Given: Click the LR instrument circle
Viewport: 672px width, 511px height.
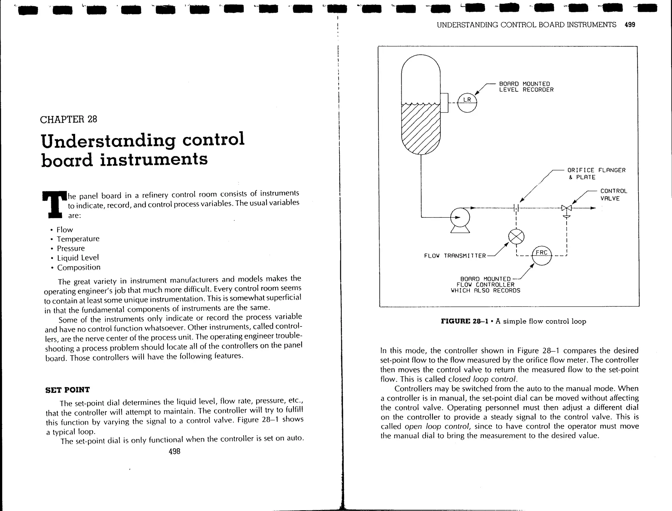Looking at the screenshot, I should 467,102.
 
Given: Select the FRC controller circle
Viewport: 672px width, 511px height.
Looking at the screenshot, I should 541,255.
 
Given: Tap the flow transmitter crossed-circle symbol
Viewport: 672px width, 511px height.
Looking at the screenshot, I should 516,236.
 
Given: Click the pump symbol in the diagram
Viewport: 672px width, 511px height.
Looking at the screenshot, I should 460,218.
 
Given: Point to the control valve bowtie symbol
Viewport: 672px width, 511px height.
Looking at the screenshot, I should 566,208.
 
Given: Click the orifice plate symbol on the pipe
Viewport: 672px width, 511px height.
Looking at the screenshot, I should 516,208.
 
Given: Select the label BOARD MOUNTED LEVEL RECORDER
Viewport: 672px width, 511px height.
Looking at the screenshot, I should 526,87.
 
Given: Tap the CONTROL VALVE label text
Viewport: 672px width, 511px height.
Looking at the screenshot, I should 613,195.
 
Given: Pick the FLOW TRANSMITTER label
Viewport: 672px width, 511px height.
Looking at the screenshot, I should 455,256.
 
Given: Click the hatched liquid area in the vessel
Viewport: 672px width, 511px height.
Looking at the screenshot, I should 421,128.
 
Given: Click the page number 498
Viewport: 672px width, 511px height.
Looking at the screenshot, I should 174,452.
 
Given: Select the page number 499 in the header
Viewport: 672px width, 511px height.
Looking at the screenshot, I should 630,25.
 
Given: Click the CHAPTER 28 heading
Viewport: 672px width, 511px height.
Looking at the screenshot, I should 69,119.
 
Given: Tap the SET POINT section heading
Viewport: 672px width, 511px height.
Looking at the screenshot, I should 67,390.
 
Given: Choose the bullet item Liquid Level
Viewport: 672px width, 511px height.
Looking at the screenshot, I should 78,258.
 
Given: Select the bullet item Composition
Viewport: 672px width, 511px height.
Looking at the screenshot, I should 79,268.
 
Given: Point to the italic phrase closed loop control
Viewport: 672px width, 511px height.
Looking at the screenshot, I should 482,379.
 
